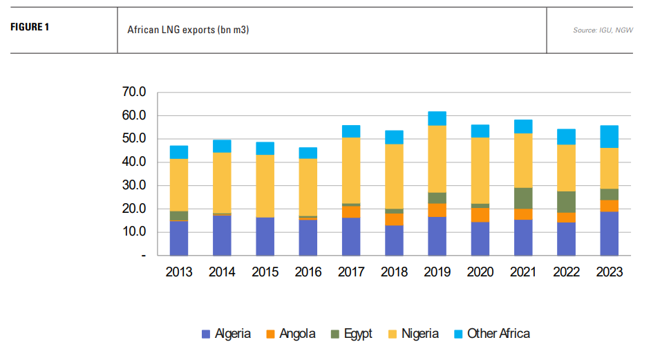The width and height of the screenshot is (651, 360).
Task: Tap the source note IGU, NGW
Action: click(603, 30)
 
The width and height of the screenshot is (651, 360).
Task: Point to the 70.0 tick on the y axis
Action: click(133, 92)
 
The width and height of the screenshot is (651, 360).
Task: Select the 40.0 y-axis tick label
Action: click(133, 162)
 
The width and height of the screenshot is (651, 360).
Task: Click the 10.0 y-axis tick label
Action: click(133, 232)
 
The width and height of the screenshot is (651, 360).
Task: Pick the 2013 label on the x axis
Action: click(179, 272)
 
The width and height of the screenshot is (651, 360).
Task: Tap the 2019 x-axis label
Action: click(437, 272)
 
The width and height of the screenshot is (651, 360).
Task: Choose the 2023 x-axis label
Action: click(609, 272)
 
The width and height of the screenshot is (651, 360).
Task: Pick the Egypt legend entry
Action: click(355, 334)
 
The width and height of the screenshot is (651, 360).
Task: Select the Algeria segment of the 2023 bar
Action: click(609, 234)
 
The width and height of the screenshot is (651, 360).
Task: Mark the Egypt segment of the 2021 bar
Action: click(523, 198)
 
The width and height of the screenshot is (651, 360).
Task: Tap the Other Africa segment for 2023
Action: click(609, 137)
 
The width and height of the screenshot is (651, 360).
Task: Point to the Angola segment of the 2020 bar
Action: click(480, 215)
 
